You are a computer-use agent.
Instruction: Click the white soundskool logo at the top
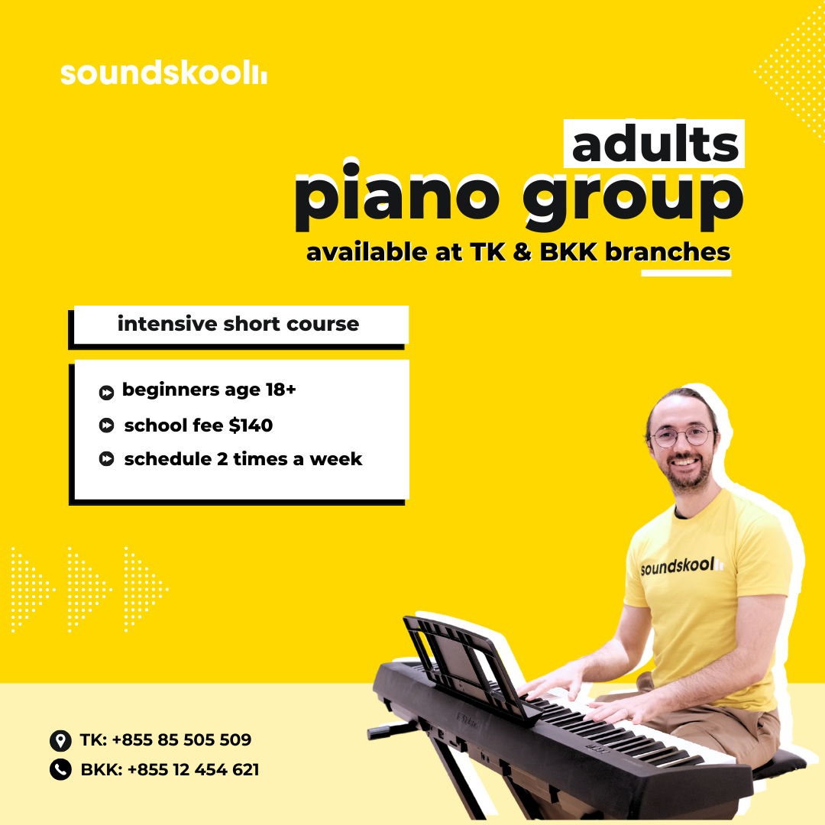coord(163,73)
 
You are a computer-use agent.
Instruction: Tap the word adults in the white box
coord(655,144)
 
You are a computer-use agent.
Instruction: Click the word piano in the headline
coord(397,197)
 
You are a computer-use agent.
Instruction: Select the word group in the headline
coord(633,202)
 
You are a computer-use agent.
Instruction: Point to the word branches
coord(668,252)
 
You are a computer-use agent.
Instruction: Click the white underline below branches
coord(686,273)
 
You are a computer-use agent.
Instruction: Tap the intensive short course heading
coord(238,324)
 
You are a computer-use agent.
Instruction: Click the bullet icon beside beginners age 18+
coord(106,393)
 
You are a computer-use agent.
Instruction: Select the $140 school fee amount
coord(251,425)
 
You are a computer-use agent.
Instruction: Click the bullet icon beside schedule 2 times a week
coord(106,459)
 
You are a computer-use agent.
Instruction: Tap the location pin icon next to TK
coord(60,740)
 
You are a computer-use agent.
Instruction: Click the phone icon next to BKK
coord(60,770)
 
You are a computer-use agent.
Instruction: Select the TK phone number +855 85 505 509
coord(182,739)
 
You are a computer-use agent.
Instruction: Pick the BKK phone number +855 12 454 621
coord(193,770)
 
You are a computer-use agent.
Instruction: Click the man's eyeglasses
coord(682,437)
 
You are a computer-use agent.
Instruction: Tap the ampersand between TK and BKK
coord(522,252)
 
